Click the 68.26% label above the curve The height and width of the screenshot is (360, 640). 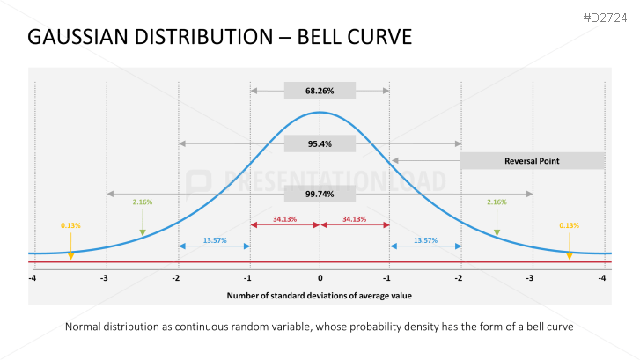click(x=320, y=90)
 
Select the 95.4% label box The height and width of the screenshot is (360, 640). click(x=320, y=143)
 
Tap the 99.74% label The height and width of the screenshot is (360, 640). click(x=320, y=195)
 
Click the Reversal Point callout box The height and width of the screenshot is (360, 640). click(x=532, y=161)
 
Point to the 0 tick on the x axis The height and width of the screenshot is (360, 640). click(x=320, y=278)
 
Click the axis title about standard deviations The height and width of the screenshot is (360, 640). click(x=320, y=296)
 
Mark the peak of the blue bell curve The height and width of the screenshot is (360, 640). click(x=320, y=113)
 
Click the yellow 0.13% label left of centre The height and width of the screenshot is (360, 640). click(x=70, y=225)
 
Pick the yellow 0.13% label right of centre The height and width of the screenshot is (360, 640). click(x=569, y=225)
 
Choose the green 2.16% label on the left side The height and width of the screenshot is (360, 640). click(x=142, y=202)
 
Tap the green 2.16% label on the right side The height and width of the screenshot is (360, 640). click(x=497, y=202)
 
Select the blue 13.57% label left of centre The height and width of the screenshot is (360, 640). click(x=215, y=239)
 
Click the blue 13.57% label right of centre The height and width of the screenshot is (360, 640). click(x=425, y=239)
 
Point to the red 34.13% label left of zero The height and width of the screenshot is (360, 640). click(x=284, y=218)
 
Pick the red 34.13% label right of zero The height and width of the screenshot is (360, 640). click(x=355, y=218)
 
